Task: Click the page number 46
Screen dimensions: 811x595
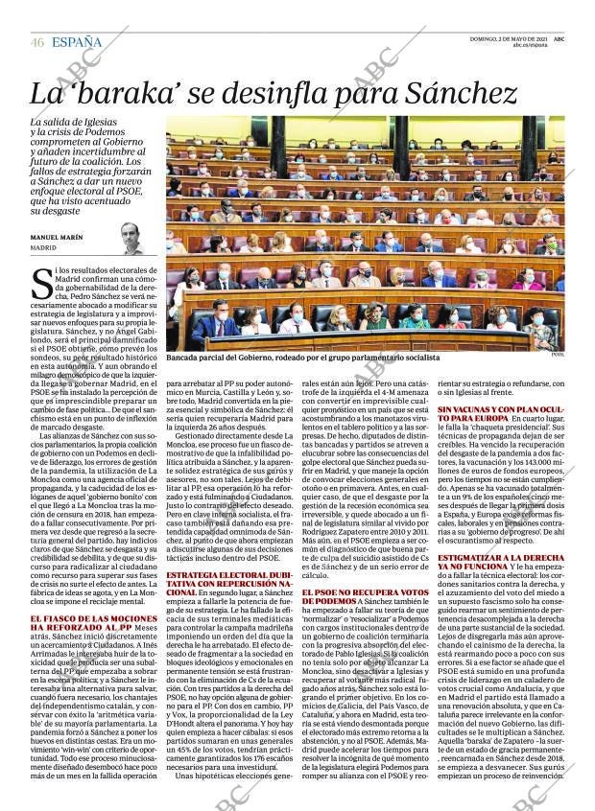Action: click(37, 42)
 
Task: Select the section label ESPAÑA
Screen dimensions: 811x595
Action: click(77, 42)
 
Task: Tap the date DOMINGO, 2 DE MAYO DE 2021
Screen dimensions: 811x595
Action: click(508, 37)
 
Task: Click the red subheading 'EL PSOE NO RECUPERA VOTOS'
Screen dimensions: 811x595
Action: click(360, 597)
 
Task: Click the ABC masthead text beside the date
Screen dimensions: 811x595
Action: click(559, 37)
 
